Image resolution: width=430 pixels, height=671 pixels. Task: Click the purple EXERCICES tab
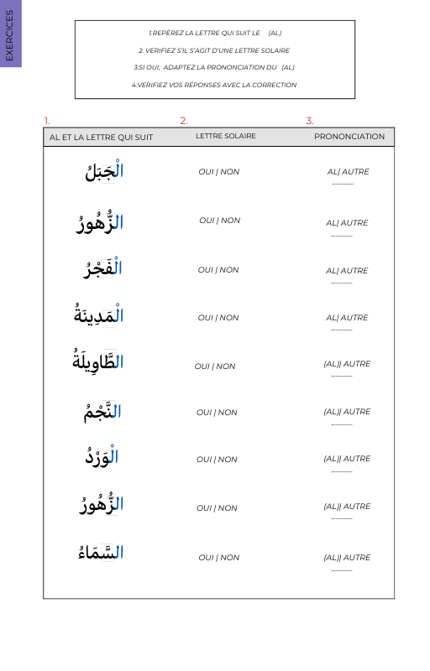pos(10,34)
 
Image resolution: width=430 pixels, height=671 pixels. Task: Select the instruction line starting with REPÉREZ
pos(214,34)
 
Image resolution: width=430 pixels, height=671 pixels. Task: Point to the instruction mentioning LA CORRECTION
pos(214,85)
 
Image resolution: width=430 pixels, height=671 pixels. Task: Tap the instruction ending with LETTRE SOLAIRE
pos(214,50)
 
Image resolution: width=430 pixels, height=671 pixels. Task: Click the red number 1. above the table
pos(47,121)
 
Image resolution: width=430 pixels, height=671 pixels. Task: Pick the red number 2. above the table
pos(184,121)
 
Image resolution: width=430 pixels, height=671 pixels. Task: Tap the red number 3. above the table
pos(310,121)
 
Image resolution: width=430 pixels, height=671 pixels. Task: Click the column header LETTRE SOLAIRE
pos(226,136)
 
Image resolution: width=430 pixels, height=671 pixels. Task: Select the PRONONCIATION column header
pos(349,137)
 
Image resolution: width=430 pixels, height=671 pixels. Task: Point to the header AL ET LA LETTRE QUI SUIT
pos(101,137)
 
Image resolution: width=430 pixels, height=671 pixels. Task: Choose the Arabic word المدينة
pos(99,315)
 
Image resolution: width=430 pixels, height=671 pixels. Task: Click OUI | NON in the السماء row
pos(218,558)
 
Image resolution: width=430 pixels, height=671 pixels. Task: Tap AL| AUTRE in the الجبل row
pos(348,172)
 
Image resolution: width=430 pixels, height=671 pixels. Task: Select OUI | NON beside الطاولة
pos(215,367)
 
